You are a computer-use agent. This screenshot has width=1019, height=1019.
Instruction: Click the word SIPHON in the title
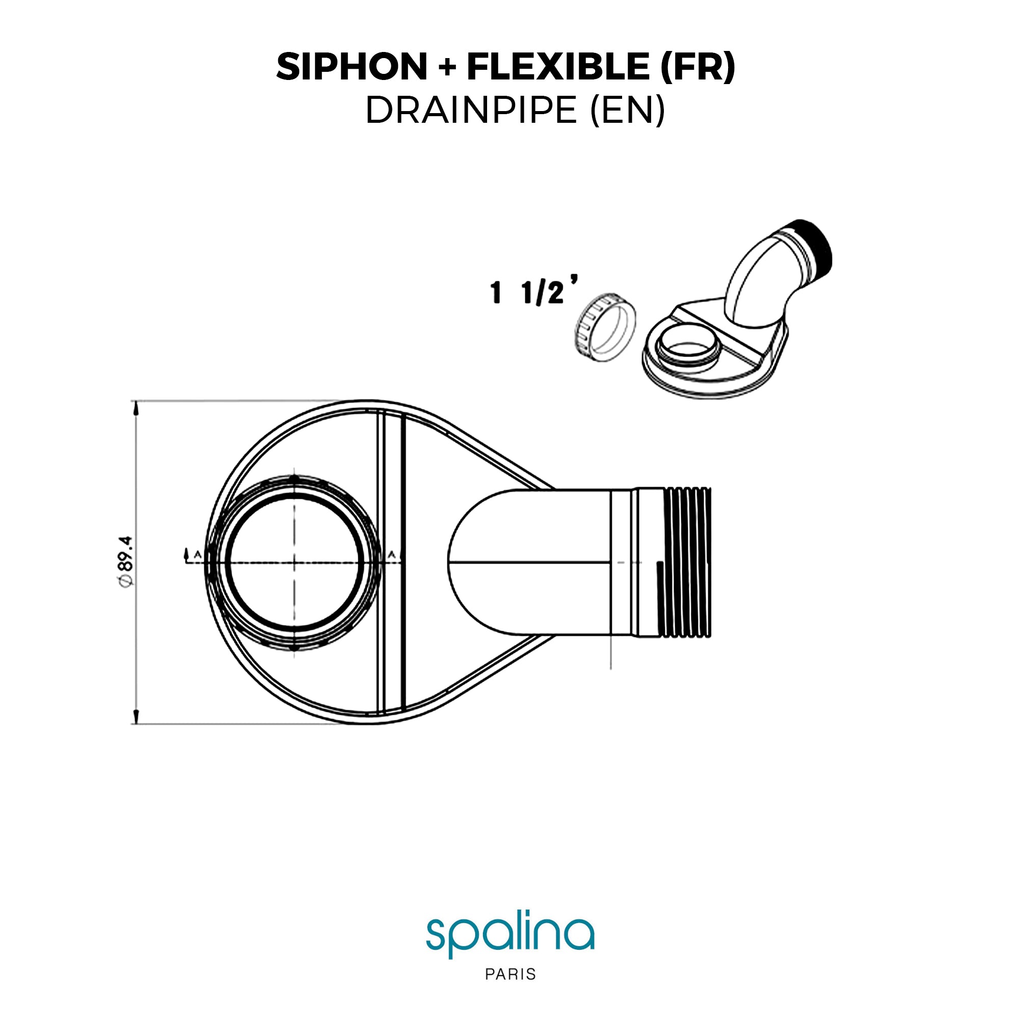352,67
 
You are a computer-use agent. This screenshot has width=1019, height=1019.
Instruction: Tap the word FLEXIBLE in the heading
557,67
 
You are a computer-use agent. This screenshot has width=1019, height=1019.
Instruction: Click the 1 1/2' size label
533,291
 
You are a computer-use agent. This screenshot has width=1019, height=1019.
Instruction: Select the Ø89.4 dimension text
126,560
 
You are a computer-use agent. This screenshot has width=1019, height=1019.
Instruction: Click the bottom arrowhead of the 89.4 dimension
136,716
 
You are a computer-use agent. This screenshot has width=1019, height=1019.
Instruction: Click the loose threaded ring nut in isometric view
604,327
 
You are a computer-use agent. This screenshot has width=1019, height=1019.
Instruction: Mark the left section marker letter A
197,554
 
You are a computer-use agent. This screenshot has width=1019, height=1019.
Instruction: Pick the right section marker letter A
391,554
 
